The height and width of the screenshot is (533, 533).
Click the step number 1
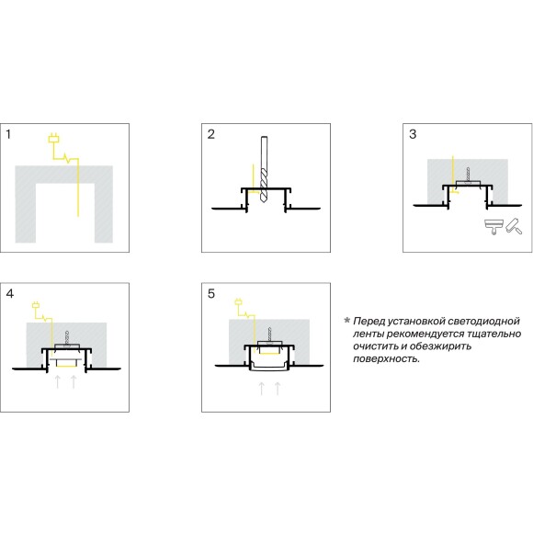(8, 134)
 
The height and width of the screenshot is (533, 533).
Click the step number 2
(211, 134)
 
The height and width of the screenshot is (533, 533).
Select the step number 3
(413, 134)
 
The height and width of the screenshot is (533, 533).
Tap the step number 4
(10, 294)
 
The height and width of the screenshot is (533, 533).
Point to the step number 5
(211, 294)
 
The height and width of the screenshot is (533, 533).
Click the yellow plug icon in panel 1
(53, 138)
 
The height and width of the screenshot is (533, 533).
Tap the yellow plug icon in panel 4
(36, 304)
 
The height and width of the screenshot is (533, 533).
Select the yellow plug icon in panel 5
(238, 301)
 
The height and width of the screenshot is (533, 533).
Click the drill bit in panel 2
(264, 170)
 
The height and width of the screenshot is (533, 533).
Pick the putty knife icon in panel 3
(493, 227)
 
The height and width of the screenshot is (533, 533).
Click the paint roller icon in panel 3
(514, 226)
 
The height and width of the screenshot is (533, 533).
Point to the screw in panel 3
(468, 176)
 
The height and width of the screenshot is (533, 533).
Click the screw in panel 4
(67, 338)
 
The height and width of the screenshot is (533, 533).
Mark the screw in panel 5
(269, 335)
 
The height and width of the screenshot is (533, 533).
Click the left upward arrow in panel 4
(58, 381)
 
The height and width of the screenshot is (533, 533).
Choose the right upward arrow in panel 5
(278, 389)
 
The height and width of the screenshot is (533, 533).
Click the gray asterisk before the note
(347, 320)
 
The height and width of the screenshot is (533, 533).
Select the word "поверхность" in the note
(386, 359)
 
